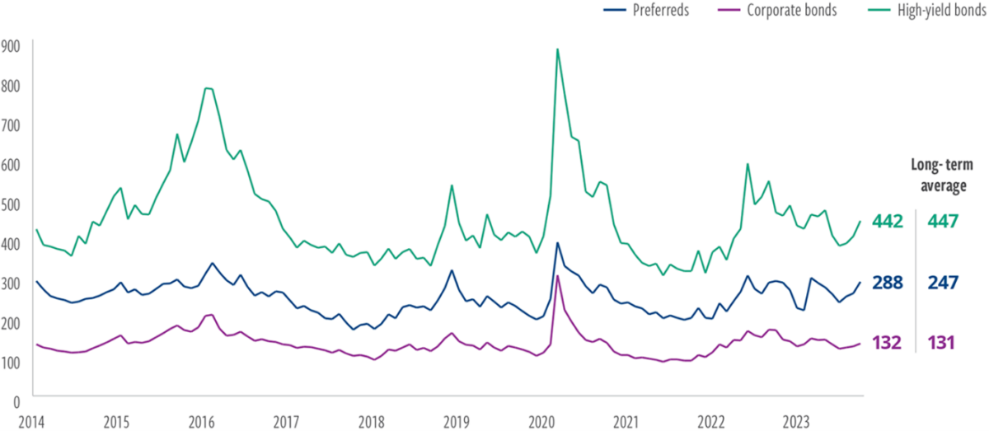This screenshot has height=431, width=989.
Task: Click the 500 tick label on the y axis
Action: [x=11, y=204]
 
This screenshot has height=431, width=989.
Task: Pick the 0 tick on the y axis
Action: [x=16, y=401]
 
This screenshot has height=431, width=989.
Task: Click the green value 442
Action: [x=887, y=221]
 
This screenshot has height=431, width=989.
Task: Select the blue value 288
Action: [x=887, y=283]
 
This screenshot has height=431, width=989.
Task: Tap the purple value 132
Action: [x=887, y=342]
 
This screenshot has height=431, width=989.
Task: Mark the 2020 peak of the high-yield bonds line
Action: [x=558, y=49]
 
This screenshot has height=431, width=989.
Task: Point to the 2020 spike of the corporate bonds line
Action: [x=558, y=275]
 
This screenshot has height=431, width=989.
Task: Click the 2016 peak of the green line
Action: [x=208, y=88]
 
